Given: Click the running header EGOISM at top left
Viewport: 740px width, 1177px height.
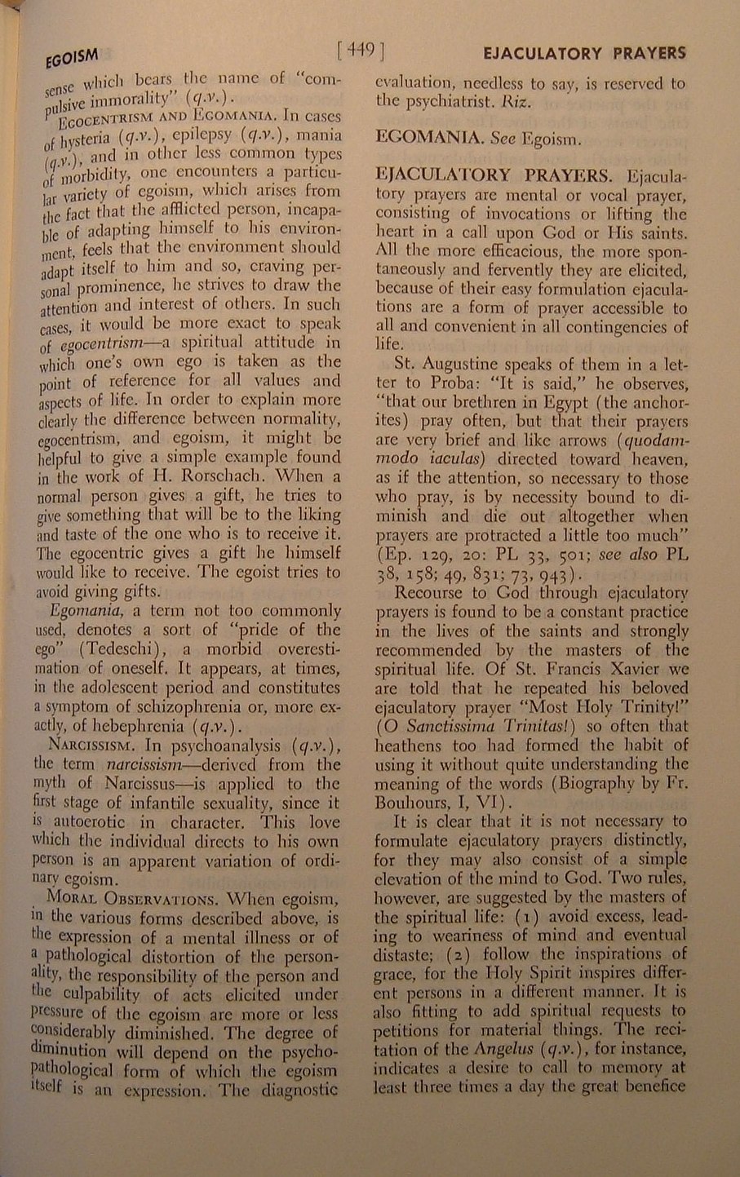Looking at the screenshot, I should (72, 59).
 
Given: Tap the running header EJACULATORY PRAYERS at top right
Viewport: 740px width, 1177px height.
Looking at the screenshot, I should (584, 54).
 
